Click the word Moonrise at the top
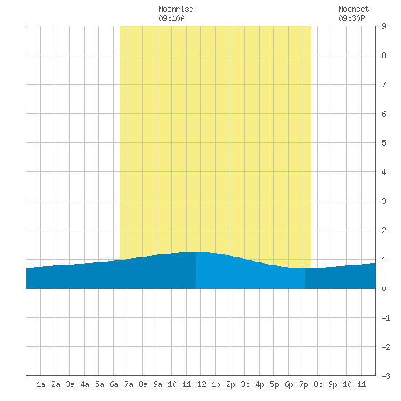pos(176,9)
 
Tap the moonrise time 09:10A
pos(171,18)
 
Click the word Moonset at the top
pos(354,9)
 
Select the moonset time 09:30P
pos(351,18)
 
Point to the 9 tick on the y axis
pos(384,26)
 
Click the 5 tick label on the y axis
pos(384,143)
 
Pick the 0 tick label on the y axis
pos(384,289)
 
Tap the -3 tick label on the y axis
pos(386,376)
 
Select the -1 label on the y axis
pos(386,318)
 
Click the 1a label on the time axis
pos(41,384)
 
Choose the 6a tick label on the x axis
pos(114,384)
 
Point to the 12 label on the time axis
pos(201,384)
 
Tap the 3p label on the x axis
pos(245,384)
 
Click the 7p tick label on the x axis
pos(303,384)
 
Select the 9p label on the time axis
pos(332,384)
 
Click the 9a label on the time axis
pos(157,384)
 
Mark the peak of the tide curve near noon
pos(196,252)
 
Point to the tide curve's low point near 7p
pos(304,268)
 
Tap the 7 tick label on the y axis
pos(384,85)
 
